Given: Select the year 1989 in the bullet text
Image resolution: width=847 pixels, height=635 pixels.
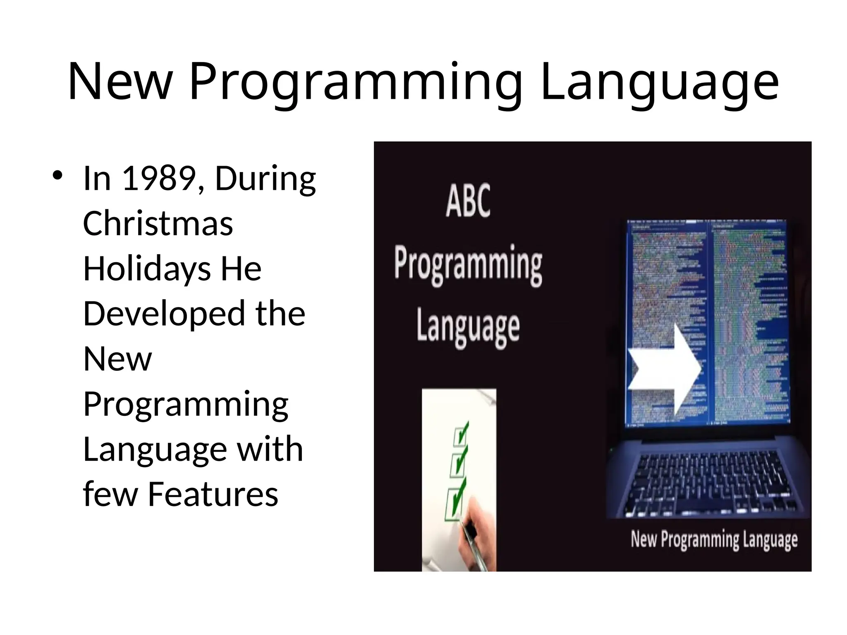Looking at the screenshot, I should (160, 179).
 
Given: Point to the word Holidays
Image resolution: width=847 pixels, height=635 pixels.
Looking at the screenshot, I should (147, 270).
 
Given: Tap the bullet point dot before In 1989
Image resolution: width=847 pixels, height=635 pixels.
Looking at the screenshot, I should (57, 175).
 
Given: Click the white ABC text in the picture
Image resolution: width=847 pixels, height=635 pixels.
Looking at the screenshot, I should (468, 201).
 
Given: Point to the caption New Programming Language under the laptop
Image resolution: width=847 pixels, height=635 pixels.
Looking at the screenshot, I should (714, 540).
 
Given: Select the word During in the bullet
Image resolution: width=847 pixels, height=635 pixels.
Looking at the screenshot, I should (265, 179).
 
